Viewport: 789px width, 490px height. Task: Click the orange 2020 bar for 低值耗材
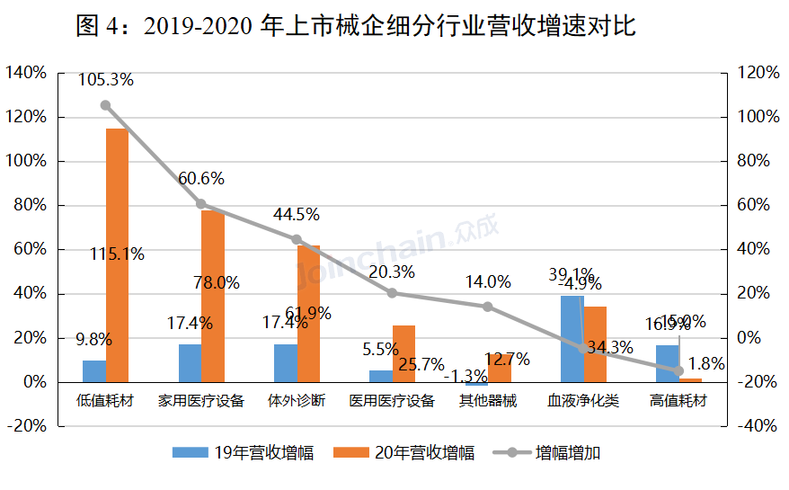(x=117, y=255)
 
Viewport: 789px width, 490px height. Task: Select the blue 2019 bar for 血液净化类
(x=572, y=339)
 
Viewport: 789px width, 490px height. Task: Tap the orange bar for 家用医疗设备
(x=212, y=296)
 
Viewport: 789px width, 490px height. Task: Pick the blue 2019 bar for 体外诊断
(x=285, y=363)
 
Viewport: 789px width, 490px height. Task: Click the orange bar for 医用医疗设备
(x=403, y=353)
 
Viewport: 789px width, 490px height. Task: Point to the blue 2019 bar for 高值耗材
(x=667, y=363)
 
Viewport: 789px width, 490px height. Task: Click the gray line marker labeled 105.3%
(x=105, y=105)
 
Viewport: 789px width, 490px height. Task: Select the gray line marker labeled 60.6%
(x=201, y=204)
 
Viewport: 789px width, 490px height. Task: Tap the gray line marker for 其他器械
(x=488, y=307)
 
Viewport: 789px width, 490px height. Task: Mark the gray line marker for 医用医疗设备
(x=392, y=293)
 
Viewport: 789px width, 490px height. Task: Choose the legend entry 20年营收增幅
(x=403, y=453)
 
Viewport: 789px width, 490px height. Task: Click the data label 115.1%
(x=117, y=254)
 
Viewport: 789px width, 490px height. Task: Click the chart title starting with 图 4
(x=356, y=26)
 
